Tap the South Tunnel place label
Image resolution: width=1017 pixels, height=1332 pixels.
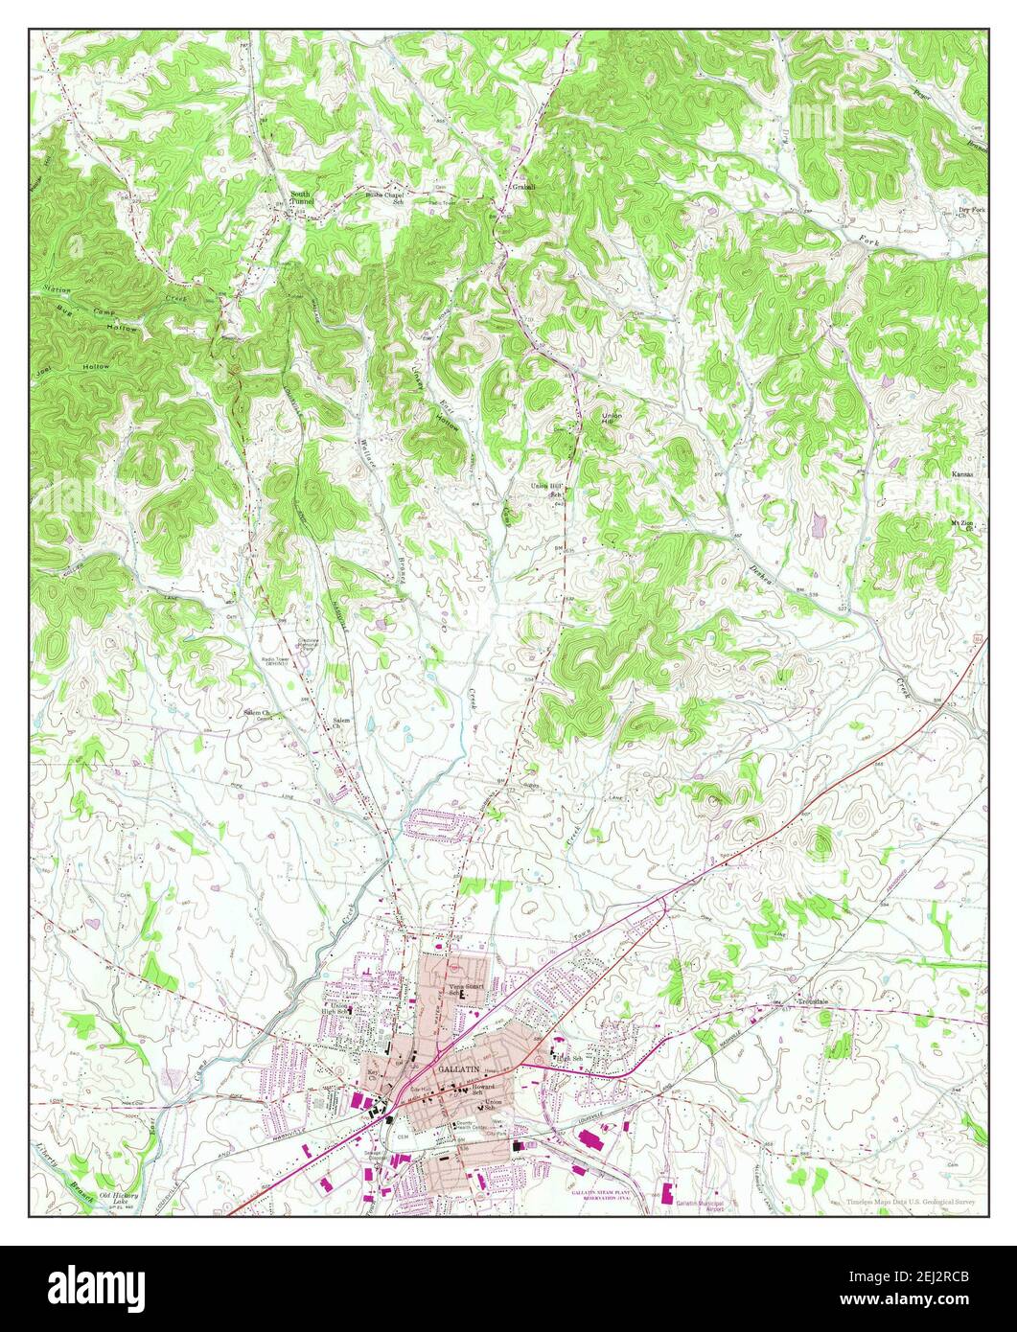click(x=302, y=198)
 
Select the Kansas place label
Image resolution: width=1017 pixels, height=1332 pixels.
click(x=962, y=474)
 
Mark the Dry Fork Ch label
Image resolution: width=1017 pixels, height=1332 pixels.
click(x=970, y=212)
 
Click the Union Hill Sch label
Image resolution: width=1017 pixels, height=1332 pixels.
click(x=545, y=489)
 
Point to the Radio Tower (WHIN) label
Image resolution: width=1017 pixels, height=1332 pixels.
click(x=276, y=662)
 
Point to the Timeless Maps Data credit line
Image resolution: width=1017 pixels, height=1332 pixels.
click(x=911, y=1201)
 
